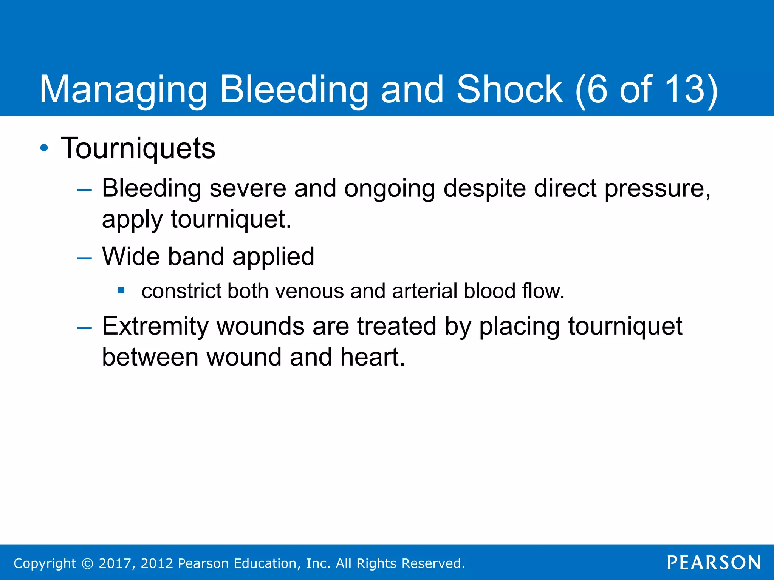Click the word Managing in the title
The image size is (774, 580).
(123, 90)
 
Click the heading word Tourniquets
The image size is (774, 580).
(138, 148)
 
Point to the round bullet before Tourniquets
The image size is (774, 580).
(44, 148)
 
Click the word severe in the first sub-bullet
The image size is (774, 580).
(248, 188)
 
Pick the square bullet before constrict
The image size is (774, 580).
(121, 290)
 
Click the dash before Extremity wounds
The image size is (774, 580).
(84, 328)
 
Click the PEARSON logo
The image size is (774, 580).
(714, 563)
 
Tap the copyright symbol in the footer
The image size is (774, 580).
(88, 563)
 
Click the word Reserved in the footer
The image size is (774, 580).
(432, 563)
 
